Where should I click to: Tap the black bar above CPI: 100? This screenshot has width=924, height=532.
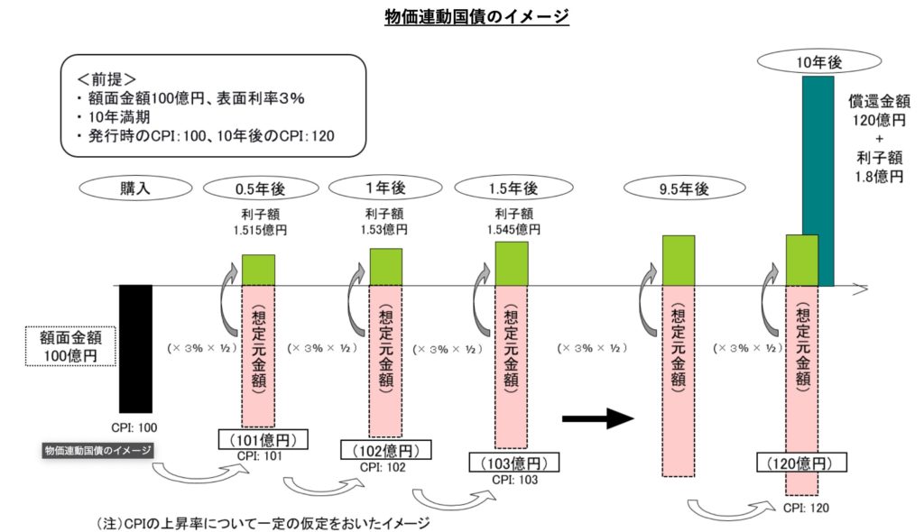[x=136, y=348]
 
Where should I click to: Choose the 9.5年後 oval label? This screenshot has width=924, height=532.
[x=684, y=189]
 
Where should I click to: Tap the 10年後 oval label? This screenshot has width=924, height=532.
[x=818, y=61]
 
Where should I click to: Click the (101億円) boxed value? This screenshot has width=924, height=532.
[x=263, y=440]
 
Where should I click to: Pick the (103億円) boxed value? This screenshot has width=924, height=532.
[x=509, y=463]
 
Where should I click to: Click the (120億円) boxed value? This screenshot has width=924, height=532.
[x=801, y=463]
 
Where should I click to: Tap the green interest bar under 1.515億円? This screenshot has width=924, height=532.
[x=258, y=270]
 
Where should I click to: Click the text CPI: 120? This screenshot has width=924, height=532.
[x=802, y=508]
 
